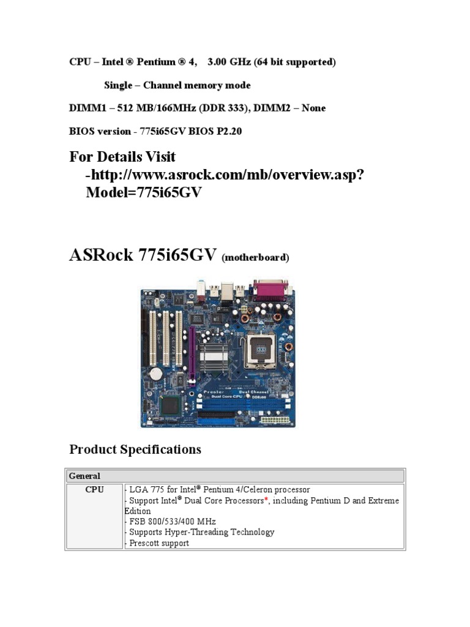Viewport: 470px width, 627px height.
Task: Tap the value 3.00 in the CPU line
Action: [x=219, y=62]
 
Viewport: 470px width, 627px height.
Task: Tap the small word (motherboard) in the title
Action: [x=255, y=258]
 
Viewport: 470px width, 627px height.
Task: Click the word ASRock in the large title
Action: [x=100, y=255]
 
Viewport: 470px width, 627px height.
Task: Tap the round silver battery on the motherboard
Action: [x=157, y=373]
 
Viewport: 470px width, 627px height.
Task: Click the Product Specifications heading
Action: [x=135, y=449]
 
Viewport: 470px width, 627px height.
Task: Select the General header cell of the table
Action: [x=84, y=476]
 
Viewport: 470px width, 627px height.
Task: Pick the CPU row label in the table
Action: [x=94, y=490]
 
